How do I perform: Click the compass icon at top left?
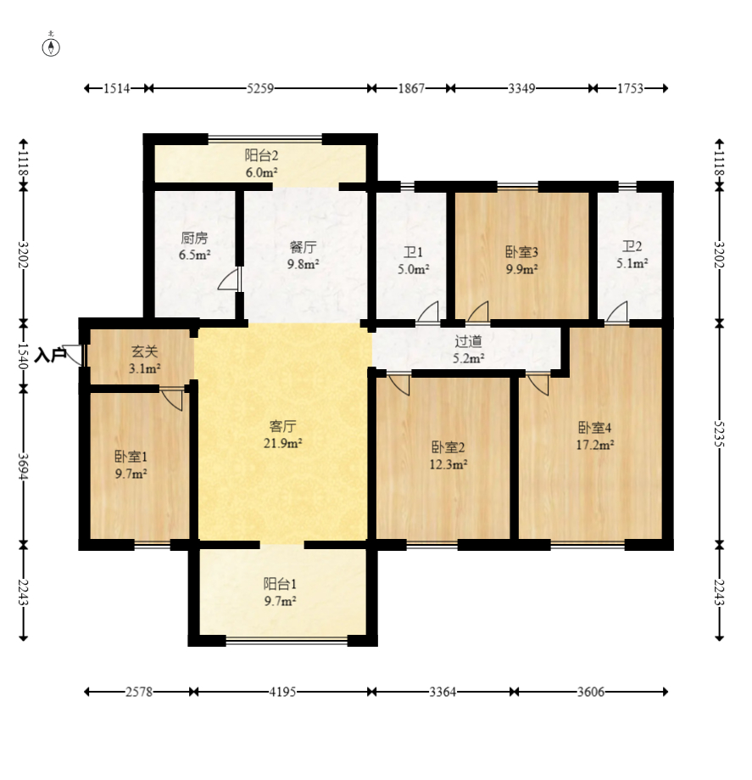[x=51, y=47]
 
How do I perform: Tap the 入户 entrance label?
[x=50, y=356]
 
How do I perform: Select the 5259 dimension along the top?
[x=260, y=88]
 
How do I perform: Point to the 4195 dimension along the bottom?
[x=282, y=692]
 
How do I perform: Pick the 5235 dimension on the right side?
[x=719, y=434]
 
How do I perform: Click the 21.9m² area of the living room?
[x=283, y=443]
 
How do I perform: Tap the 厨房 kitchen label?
[x=194, y=238]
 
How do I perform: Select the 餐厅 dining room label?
[x=303, y=247]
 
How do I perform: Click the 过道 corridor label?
[x=468, y=340]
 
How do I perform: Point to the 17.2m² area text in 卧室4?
[x=594, y=444]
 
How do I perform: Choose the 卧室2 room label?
[x=448, y=447]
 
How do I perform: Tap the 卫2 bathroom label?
[x=632, y=246]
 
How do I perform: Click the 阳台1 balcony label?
[x=280, y=583]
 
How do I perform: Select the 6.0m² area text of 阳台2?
[x=261, y=172]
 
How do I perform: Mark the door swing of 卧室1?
[x=171, y=400]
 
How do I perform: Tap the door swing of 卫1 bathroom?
[x=428, y=312]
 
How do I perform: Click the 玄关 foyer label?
[x=145, y=351]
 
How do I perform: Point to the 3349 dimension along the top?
[x=521, y=88]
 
